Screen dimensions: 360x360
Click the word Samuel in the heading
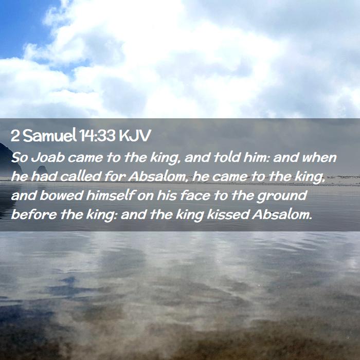(x=49, y=135)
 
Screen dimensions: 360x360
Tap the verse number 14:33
(x=97, y=136)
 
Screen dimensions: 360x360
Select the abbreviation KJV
(x=135, y=136)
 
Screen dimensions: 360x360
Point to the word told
(x=227, y=157)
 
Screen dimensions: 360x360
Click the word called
(x=80, y=176)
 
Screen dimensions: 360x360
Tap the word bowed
(x=61, y=195)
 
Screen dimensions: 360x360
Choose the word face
(x=195, y=195)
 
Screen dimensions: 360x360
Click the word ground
(x=282, y=196)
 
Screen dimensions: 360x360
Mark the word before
(x=34, y=214)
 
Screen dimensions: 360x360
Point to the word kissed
(x=228, y=214)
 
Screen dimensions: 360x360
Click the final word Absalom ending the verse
(x=282, y=214)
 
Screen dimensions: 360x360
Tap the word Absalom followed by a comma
(x=158, y=177)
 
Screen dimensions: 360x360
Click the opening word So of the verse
(x=20, y=157)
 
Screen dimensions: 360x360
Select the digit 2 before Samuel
(x=15, y=136)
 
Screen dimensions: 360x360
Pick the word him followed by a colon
(x=256, y=157)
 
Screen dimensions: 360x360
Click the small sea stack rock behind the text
(x=42, y=170)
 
